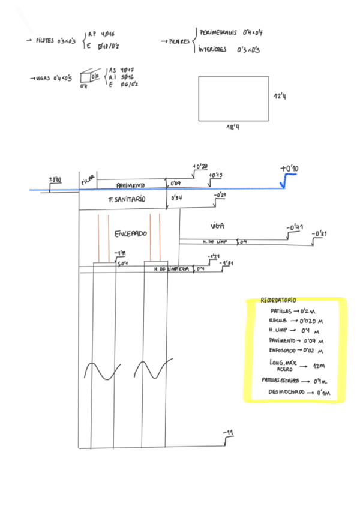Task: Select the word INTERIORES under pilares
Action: pyautogui.click(x=213, y=50)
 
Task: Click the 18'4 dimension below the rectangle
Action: pyautogui.click(x=233, y=127)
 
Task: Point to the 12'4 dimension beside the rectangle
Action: pyautogui.click(x=279, y=95)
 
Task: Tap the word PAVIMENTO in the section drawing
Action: pyautogui.click(x=130, y=185)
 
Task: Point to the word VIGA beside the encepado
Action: pyautogui.click(x=217, y=226)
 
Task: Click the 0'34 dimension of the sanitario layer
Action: pyautogui.click(x=176, y=197)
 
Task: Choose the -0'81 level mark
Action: pyautogui.click(x=320, y=234)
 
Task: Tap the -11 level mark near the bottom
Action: pyautogui.click(x=227, y=433)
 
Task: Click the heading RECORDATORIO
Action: pyautogui.click(x=278, y=300)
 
